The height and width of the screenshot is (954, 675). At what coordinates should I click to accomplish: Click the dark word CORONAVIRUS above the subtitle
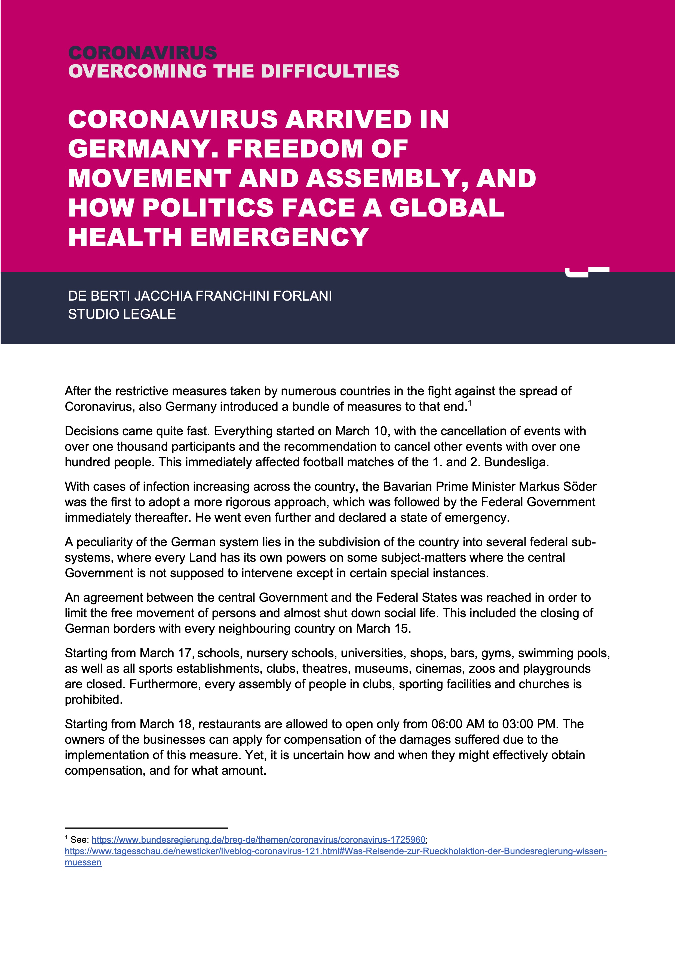pyautogui.click(x=142, y=53)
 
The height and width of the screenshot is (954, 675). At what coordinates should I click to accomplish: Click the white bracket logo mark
pyautogui.click(x=587, y=272)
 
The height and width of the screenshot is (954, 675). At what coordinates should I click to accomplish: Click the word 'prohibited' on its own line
pyautogui.click(x=93, y=699)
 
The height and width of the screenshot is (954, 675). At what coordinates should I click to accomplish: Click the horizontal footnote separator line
pyautogui.click(x=146, y=828)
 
